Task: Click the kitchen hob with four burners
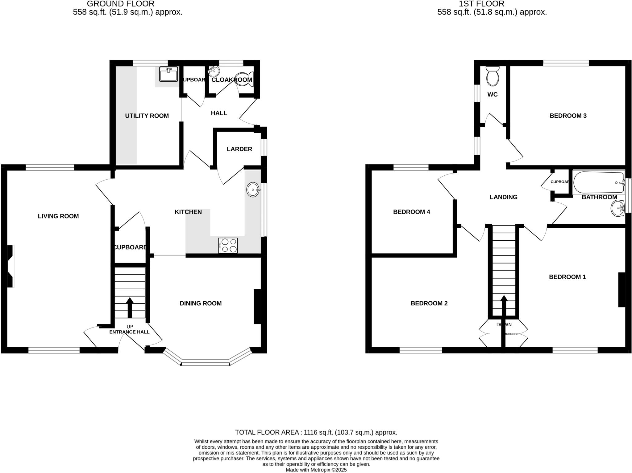(228, 245)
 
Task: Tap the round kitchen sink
(253, 190)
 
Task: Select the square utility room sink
(168, 74)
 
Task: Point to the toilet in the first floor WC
(492, 77)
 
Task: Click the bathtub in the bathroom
(598, 183)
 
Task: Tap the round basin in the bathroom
(618, 208)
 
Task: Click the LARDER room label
(239, 149)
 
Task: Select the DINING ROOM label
(201, 304)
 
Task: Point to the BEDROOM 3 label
(568, 116)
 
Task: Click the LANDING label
(503, 197)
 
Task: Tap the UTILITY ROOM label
(147, 116)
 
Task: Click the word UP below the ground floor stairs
(130, 327)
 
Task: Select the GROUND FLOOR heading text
(121, 4)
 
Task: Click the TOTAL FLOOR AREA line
(316, 432)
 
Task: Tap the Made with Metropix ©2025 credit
(316, 470)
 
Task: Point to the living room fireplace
(10, 266)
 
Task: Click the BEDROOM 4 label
(411, 212)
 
